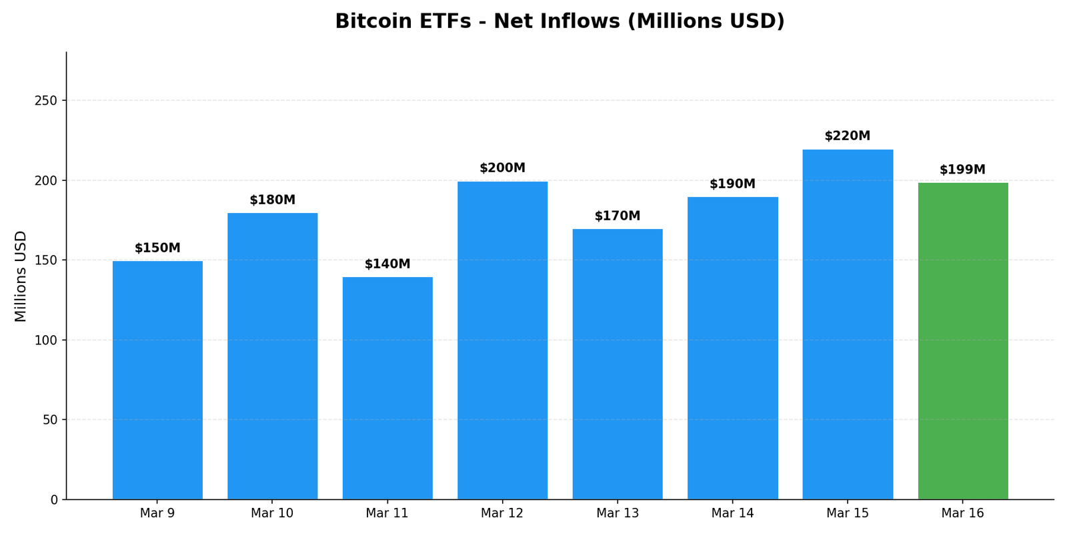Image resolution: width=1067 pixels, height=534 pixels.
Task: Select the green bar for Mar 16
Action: [x=962, y=340]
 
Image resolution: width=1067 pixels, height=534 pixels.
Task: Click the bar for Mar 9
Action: [x=157, y=380]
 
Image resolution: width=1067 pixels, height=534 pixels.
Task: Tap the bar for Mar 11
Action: [x=387, y=387]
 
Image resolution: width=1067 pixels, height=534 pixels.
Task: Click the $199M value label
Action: [x=962, y=170]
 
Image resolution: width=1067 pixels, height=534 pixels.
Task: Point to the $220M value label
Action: [x=848, y=136]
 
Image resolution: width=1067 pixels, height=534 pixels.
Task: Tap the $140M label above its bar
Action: [x=387, y=264]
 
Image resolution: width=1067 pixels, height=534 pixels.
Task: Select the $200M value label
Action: [x=502, y=168]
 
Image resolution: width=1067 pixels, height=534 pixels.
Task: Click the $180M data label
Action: [x=272, y=200]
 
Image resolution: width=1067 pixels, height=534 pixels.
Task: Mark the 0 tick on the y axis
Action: [x=55, y=500]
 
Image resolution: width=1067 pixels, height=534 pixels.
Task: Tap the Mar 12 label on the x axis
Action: [x=502, y=513]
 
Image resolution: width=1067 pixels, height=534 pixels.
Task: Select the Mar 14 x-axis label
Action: [x=732, y=513]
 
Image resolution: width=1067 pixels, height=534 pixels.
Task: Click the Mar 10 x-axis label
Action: [x=272, y=513]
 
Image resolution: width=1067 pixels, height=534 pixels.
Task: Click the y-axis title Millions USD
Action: [x=21, y=276]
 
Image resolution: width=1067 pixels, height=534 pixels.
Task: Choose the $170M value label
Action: [x=618, y=216]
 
